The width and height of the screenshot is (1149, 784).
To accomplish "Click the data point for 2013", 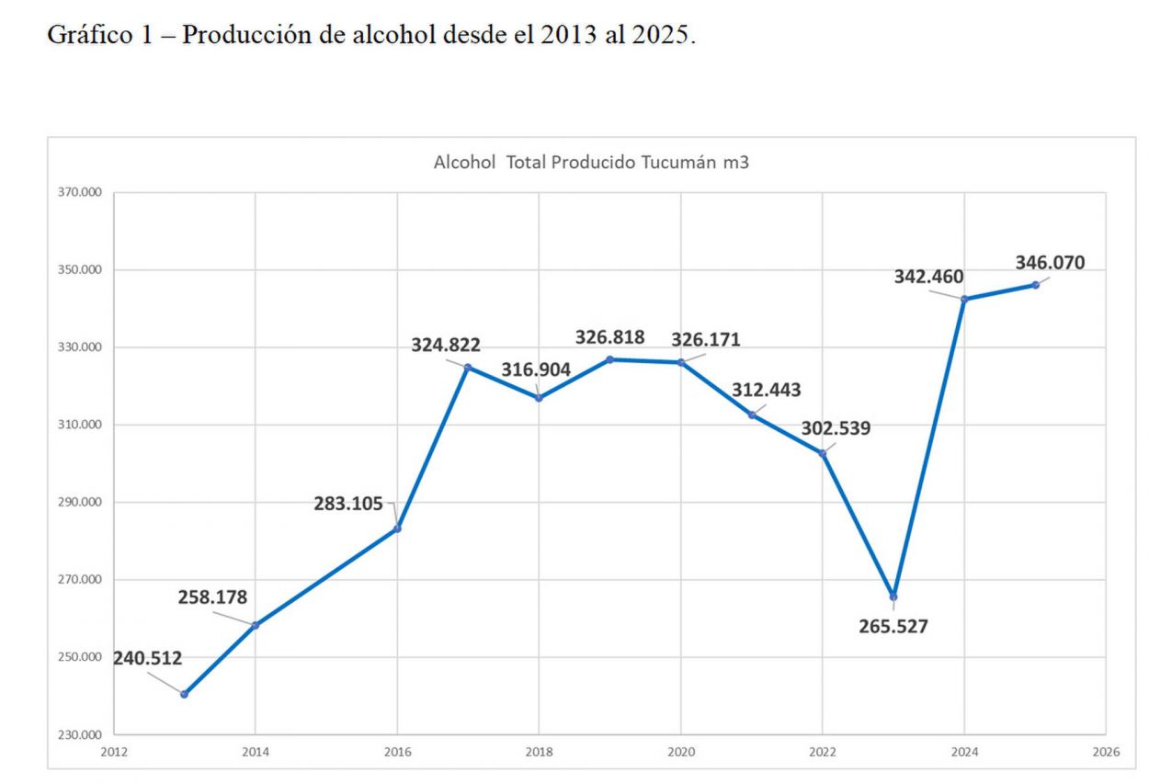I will point(184,694).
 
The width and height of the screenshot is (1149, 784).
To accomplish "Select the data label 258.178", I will point(212,597).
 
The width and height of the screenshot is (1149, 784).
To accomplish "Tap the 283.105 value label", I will point(348,503).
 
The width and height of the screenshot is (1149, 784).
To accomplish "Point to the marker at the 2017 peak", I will point(468,368).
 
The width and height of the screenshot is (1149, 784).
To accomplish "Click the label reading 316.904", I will point(536,369).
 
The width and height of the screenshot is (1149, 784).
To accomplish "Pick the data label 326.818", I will point(610,337).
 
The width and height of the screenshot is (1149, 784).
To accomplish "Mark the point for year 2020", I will point(681,362).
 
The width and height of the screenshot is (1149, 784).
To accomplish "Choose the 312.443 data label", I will point(766,390).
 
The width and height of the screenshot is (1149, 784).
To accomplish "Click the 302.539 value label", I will point(836,428).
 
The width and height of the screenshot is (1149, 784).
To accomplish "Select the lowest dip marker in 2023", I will point(893,597).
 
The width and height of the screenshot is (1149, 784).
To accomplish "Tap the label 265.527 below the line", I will point(893,628).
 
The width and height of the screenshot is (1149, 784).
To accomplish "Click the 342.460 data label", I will point(929,276).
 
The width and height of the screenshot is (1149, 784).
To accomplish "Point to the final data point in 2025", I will point(1035,285).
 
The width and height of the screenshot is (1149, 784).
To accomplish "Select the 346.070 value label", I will point(1050,263).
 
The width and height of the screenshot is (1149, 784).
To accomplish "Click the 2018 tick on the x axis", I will point(539,752).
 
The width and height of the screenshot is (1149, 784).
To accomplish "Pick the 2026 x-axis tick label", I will point(1106,752).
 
